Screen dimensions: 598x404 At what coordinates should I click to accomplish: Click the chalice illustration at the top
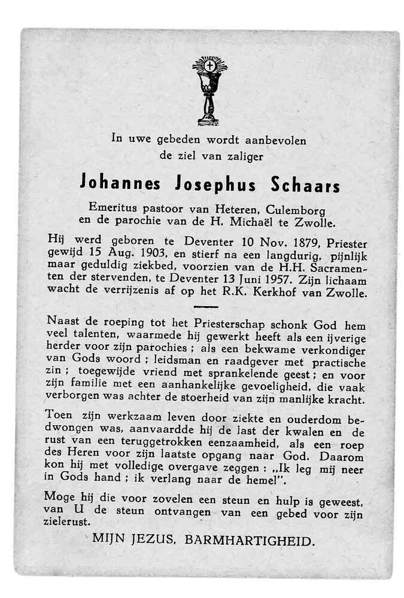pyautogui.click(x=209, y=90)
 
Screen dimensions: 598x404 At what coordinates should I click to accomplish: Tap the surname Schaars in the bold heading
pyautogui.click(x=305, y=185)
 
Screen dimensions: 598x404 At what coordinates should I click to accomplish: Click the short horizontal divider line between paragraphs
pyautogui.click(x=206, y=306)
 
